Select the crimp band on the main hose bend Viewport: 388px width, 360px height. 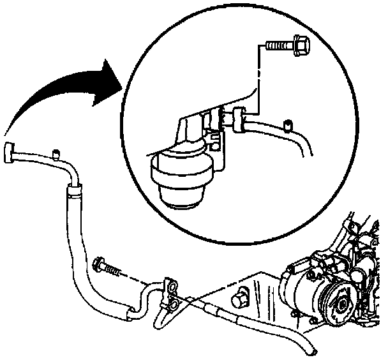pos(74,187)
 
